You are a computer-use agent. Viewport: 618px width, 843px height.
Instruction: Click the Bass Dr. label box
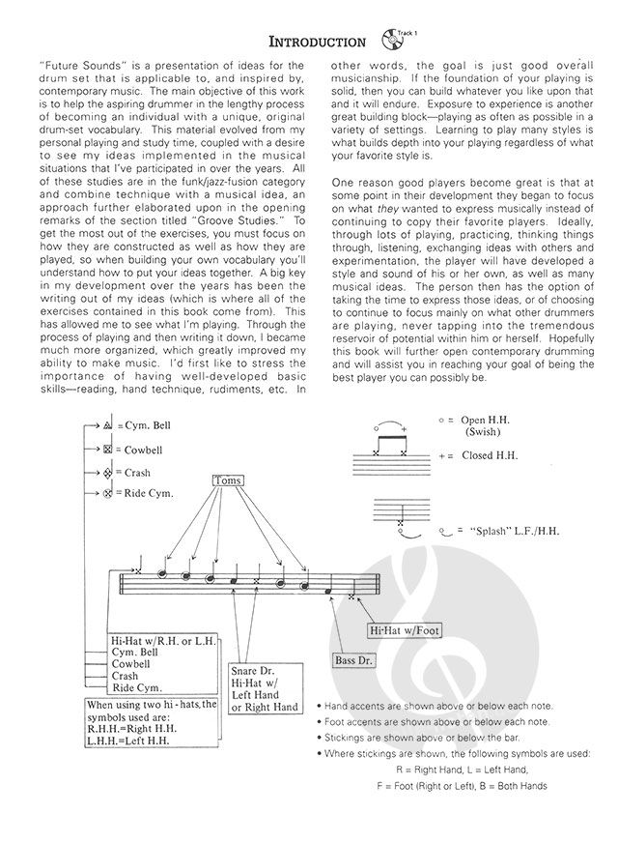coord(354,661)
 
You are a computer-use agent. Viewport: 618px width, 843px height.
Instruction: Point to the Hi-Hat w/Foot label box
coord(404,630)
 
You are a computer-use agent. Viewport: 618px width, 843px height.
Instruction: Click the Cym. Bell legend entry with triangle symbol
coord(145,425)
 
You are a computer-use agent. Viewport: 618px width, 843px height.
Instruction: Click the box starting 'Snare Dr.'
coord(265,687)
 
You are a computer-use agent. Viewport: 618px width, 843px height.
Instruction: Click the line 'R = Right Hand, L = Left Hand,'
coord(462,769)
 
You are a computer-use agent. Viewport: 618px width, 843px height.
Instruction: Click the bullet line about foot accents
coord(435,722)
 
